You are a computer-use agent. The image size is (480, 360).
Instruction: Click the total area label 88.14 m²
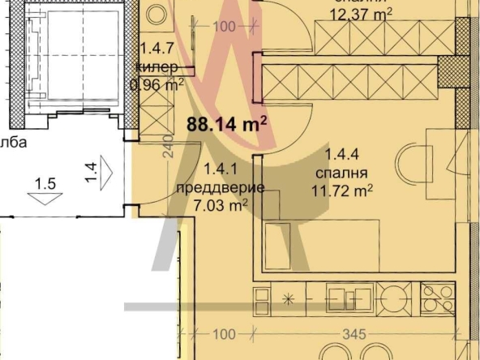pos(227,125)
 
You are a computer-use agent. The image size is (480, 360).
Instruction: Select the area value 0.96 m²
pos(157,83)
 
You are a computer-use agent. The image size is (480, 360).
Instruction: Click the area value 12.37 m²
pos(362,13)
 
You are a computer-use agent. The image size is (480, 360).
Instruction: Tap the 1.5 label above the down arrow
pos(45,183)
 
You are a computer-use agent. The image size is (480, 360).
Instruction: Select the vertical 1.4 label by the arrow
pos(92,172)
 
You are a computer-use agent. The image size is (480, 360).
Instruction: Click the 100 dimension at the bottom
pos(225,333)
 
